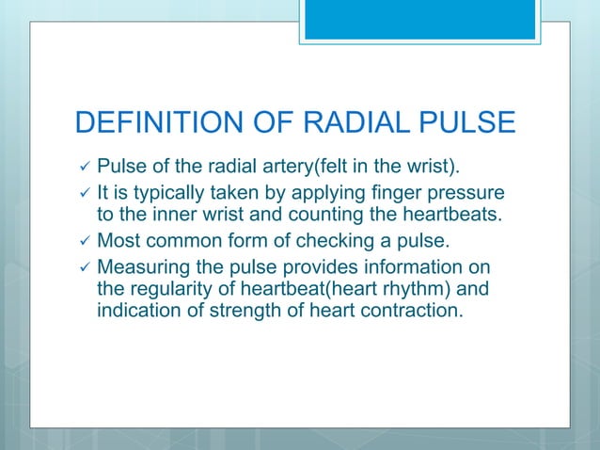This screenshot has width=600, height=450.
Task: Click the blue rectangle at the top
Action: (x=432, y=20)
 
